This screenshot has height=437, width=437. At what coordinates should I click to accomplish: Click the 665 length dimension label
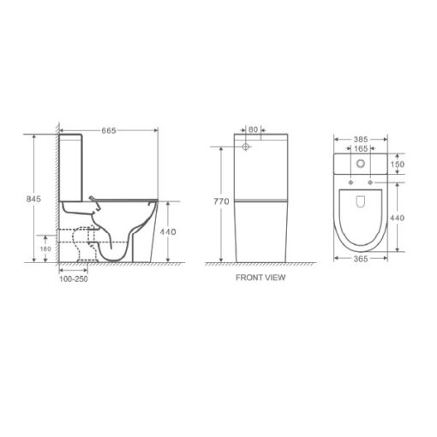pyautogui.click(x=109, y=130)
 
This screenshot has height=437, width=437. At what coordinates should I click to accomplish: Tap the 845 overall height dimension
pyautogui.click(x=33, y=199)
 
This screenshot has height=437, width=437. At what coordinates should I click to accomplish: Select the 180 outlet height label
pyautogui.click(x=45, y=248)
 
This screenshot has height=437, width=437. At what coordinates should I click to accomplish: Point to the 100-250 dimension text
pyautogui.click(x=74, y=279)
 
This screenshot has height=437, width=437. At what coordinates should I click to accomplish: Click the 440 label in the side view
pyautogui.click(x=168, y=231)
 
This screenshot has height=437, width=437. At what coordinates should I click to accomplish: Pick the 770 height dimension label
pyautogui.click(x=221, y=201)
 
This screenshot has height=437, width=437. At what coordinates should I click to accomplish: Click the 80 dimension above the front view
pyautogui.click(x=253, y=129)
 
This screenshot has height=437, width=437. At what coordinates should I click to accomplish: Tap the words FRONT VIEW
pyautogui.click(x=260, y=278)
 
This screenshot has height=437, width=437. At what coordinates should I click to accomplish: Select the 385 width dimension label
pyautogui.click(x=361, y=140)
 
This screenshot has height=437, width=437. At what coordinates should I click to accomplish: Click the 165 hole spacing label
pyautogui.click(x=361, y=148)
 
